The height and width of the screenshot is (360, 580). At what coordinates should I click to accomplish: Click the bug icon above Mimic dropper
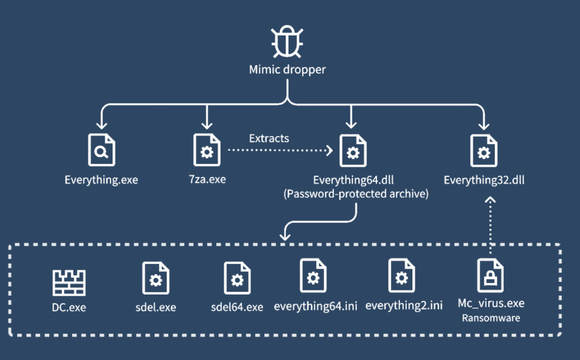[288, 43]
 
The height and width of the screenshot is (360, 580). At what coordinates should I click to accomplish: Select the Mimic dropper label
[288, 70]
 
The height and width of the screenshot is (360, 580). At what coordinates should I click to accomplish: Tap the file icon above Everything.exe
[101, 151]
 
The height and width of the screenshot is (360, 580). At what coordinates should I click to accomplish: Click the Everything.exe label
[101, 180]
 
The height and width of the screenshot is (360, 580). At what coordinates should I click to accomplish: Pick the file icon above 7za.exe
[207, 151]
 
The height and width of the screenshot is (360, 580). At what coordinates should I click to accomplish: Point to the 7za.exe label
[207, 180]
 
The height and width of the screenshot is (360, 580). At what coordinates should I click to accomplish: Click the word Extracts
[269, 138]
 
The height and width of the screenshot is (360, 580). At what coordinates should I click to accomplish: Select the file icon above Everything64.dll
[353, 151]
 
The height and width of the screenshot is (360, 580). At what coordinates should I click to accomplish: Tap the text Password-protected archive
[356, 194]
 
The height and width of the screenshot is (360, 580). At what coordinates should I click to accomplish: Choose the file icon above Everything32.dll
[483, 151]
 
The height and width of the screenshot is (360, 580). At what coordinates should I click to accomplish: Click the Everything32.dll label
[484, 180]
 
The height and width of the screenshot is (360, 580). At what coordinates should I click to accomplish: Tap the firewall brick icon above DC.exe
[69, 282]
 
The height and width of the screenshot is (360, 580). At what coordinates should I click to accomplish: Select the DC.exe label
[69, 308]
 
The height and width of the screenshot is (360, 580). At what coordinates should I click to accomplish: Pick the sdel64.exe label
[237, 307]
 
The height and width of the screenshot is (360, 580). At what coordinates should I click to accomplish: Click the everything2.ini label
[404, 306]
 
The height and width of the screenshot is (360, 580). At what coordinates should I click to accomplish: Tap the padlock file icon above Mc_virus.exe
[490, 276]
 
